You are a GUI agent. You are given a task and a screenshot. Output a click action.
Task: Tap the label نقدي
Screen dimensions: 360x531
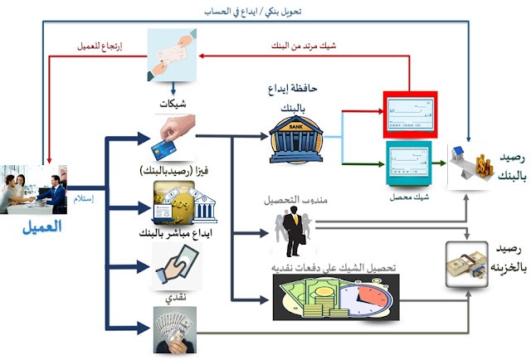pyautogui.click(x=172, y=296)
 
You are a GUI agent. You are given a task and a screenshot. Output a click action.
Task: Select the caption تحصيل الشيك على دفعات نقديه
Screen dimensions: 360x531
pyautogui.click(x=328, y=267)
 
